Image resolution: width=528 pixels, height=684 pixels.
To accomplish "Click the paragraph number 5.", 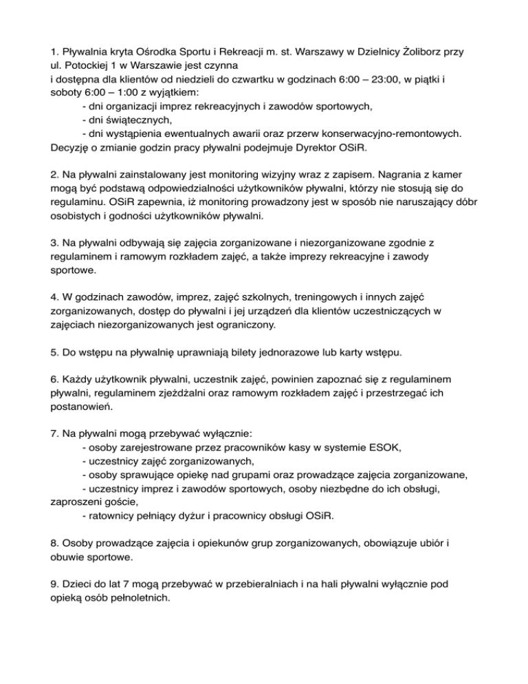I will pyautogui.click(x=55, y=352).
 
